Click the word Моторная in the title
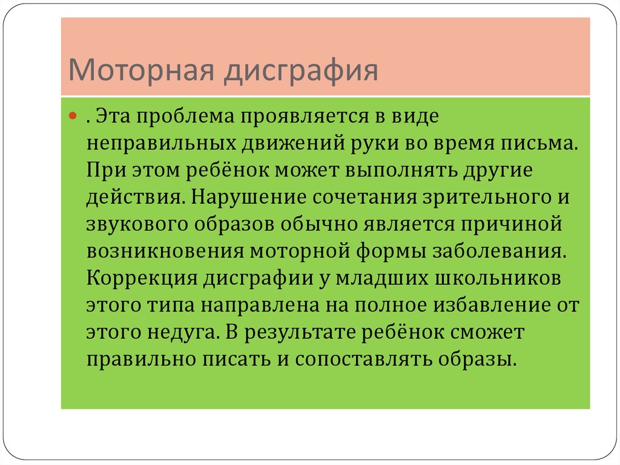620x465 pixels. [141, 70]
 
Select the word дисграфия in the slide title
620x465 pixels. [301, 72]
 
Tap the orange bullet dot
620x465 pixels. [73, 116]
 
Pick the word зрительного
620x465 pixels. [487, 198]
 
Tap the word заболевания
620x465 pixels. [500, 252]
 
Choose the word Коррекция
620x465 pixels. [142, 278]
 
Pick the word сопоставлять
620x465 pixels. [363, 360]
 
